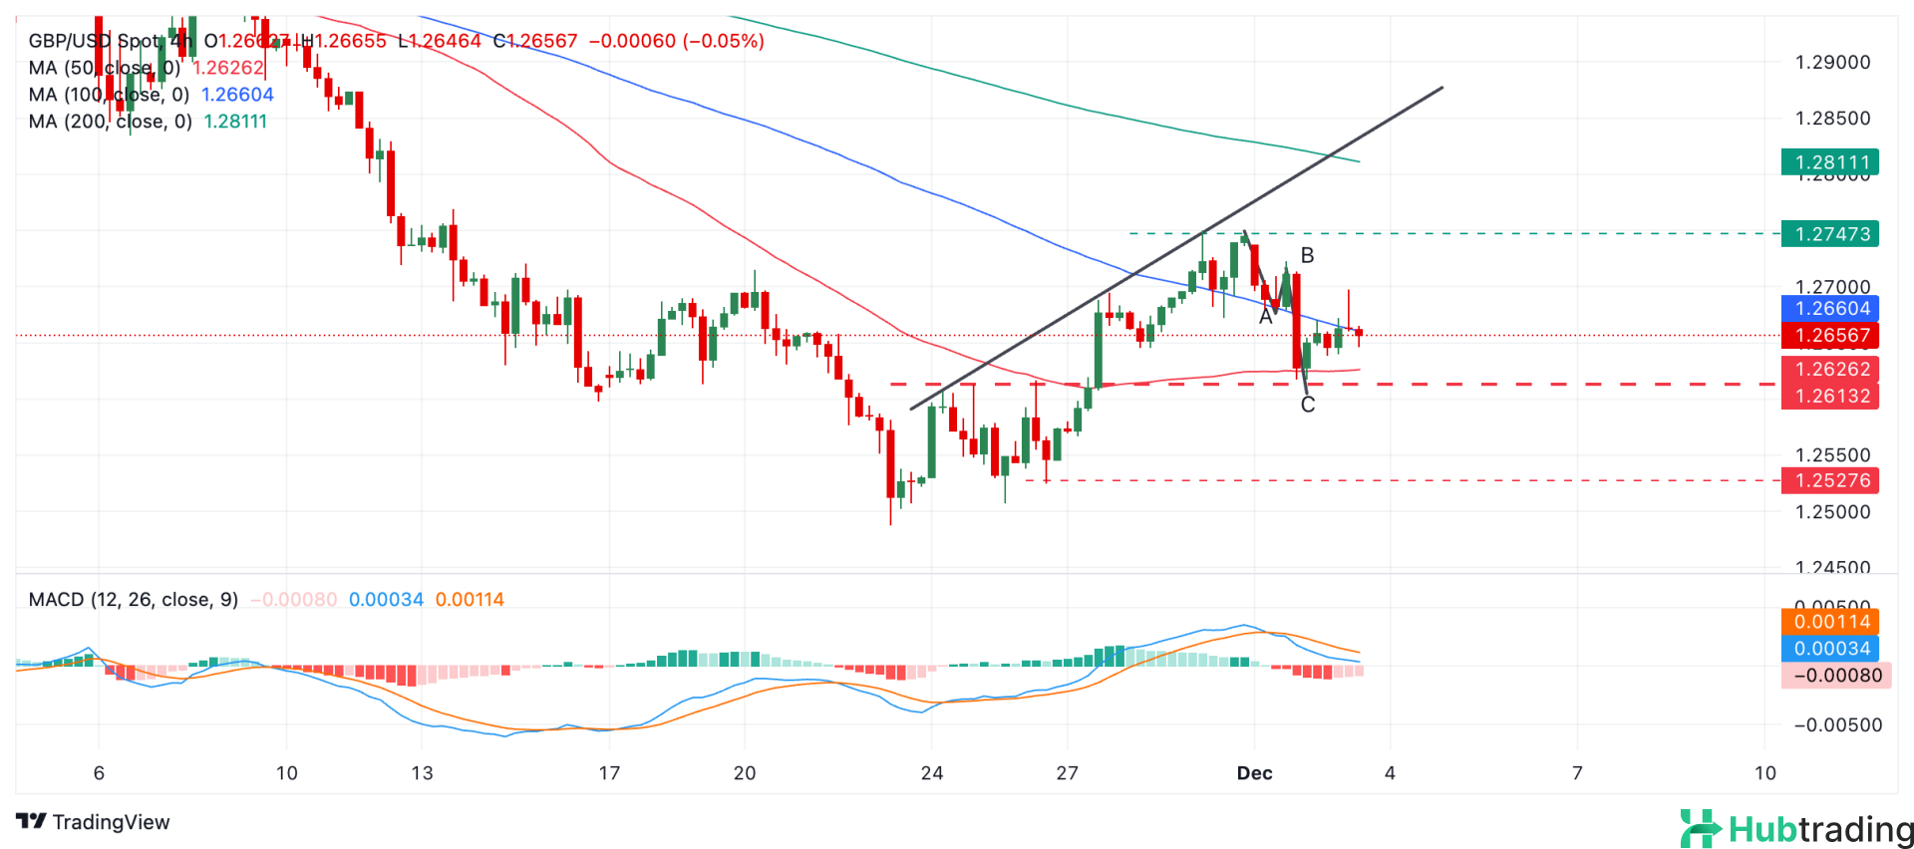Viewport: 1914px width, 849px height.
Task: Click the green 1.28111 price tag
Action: click(x=1829, y=162)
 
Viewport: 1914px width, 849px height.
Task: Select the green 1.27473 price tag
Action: click(x=1829, y=234)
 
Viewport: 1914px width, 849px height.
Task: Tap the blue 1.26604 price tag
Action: click(x=1829, y=309)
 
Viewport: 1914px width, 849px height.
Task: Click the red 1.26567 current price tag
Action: click(x=1829, y=336)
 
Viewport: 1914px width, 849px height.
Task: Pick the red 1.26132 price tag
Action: click(x=1829, y=396)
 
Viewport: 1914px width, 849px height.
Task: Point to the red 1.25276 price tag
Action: click(x=1829, y=480)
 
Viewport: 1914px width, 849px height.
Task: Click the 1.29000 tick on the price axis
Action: click(x=1832, y=62)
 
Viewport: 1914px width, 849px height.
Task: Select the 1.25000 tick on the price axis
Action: click(x=1832, y=512)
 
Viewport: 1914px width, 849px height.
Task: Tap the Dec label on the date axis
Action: click(x=1254, y=773)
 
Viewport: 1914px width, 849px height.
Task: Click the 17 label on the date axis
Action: click(x=609, y=773)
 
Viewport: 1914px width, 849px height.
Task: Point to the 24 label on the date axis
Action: click(x=931, y=773)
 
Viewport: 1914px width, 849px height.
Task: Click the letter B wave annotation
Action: click(x=1307, y=256)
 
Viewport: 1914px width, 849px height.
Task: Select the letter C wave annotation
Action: click(x=1308, y=405)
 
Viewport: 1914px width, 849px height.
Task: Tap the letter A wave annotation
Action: click(x=1265, y=317)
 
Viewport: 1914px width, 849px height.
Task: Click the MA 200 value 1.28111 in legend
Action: click(x=235, y=122)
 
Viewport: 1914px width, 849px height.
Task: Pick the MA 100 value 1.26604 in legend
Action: click(x=237, y=95)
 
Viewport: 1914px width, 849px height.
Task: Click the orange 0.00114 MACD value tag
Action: click(x=1829, y=622)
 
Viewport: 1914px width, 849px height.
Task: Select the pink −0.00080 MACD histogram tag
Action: click(x=1835, y=676)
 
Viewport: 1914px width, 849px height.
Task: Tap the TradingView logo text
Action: click(x=94, y=822)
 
